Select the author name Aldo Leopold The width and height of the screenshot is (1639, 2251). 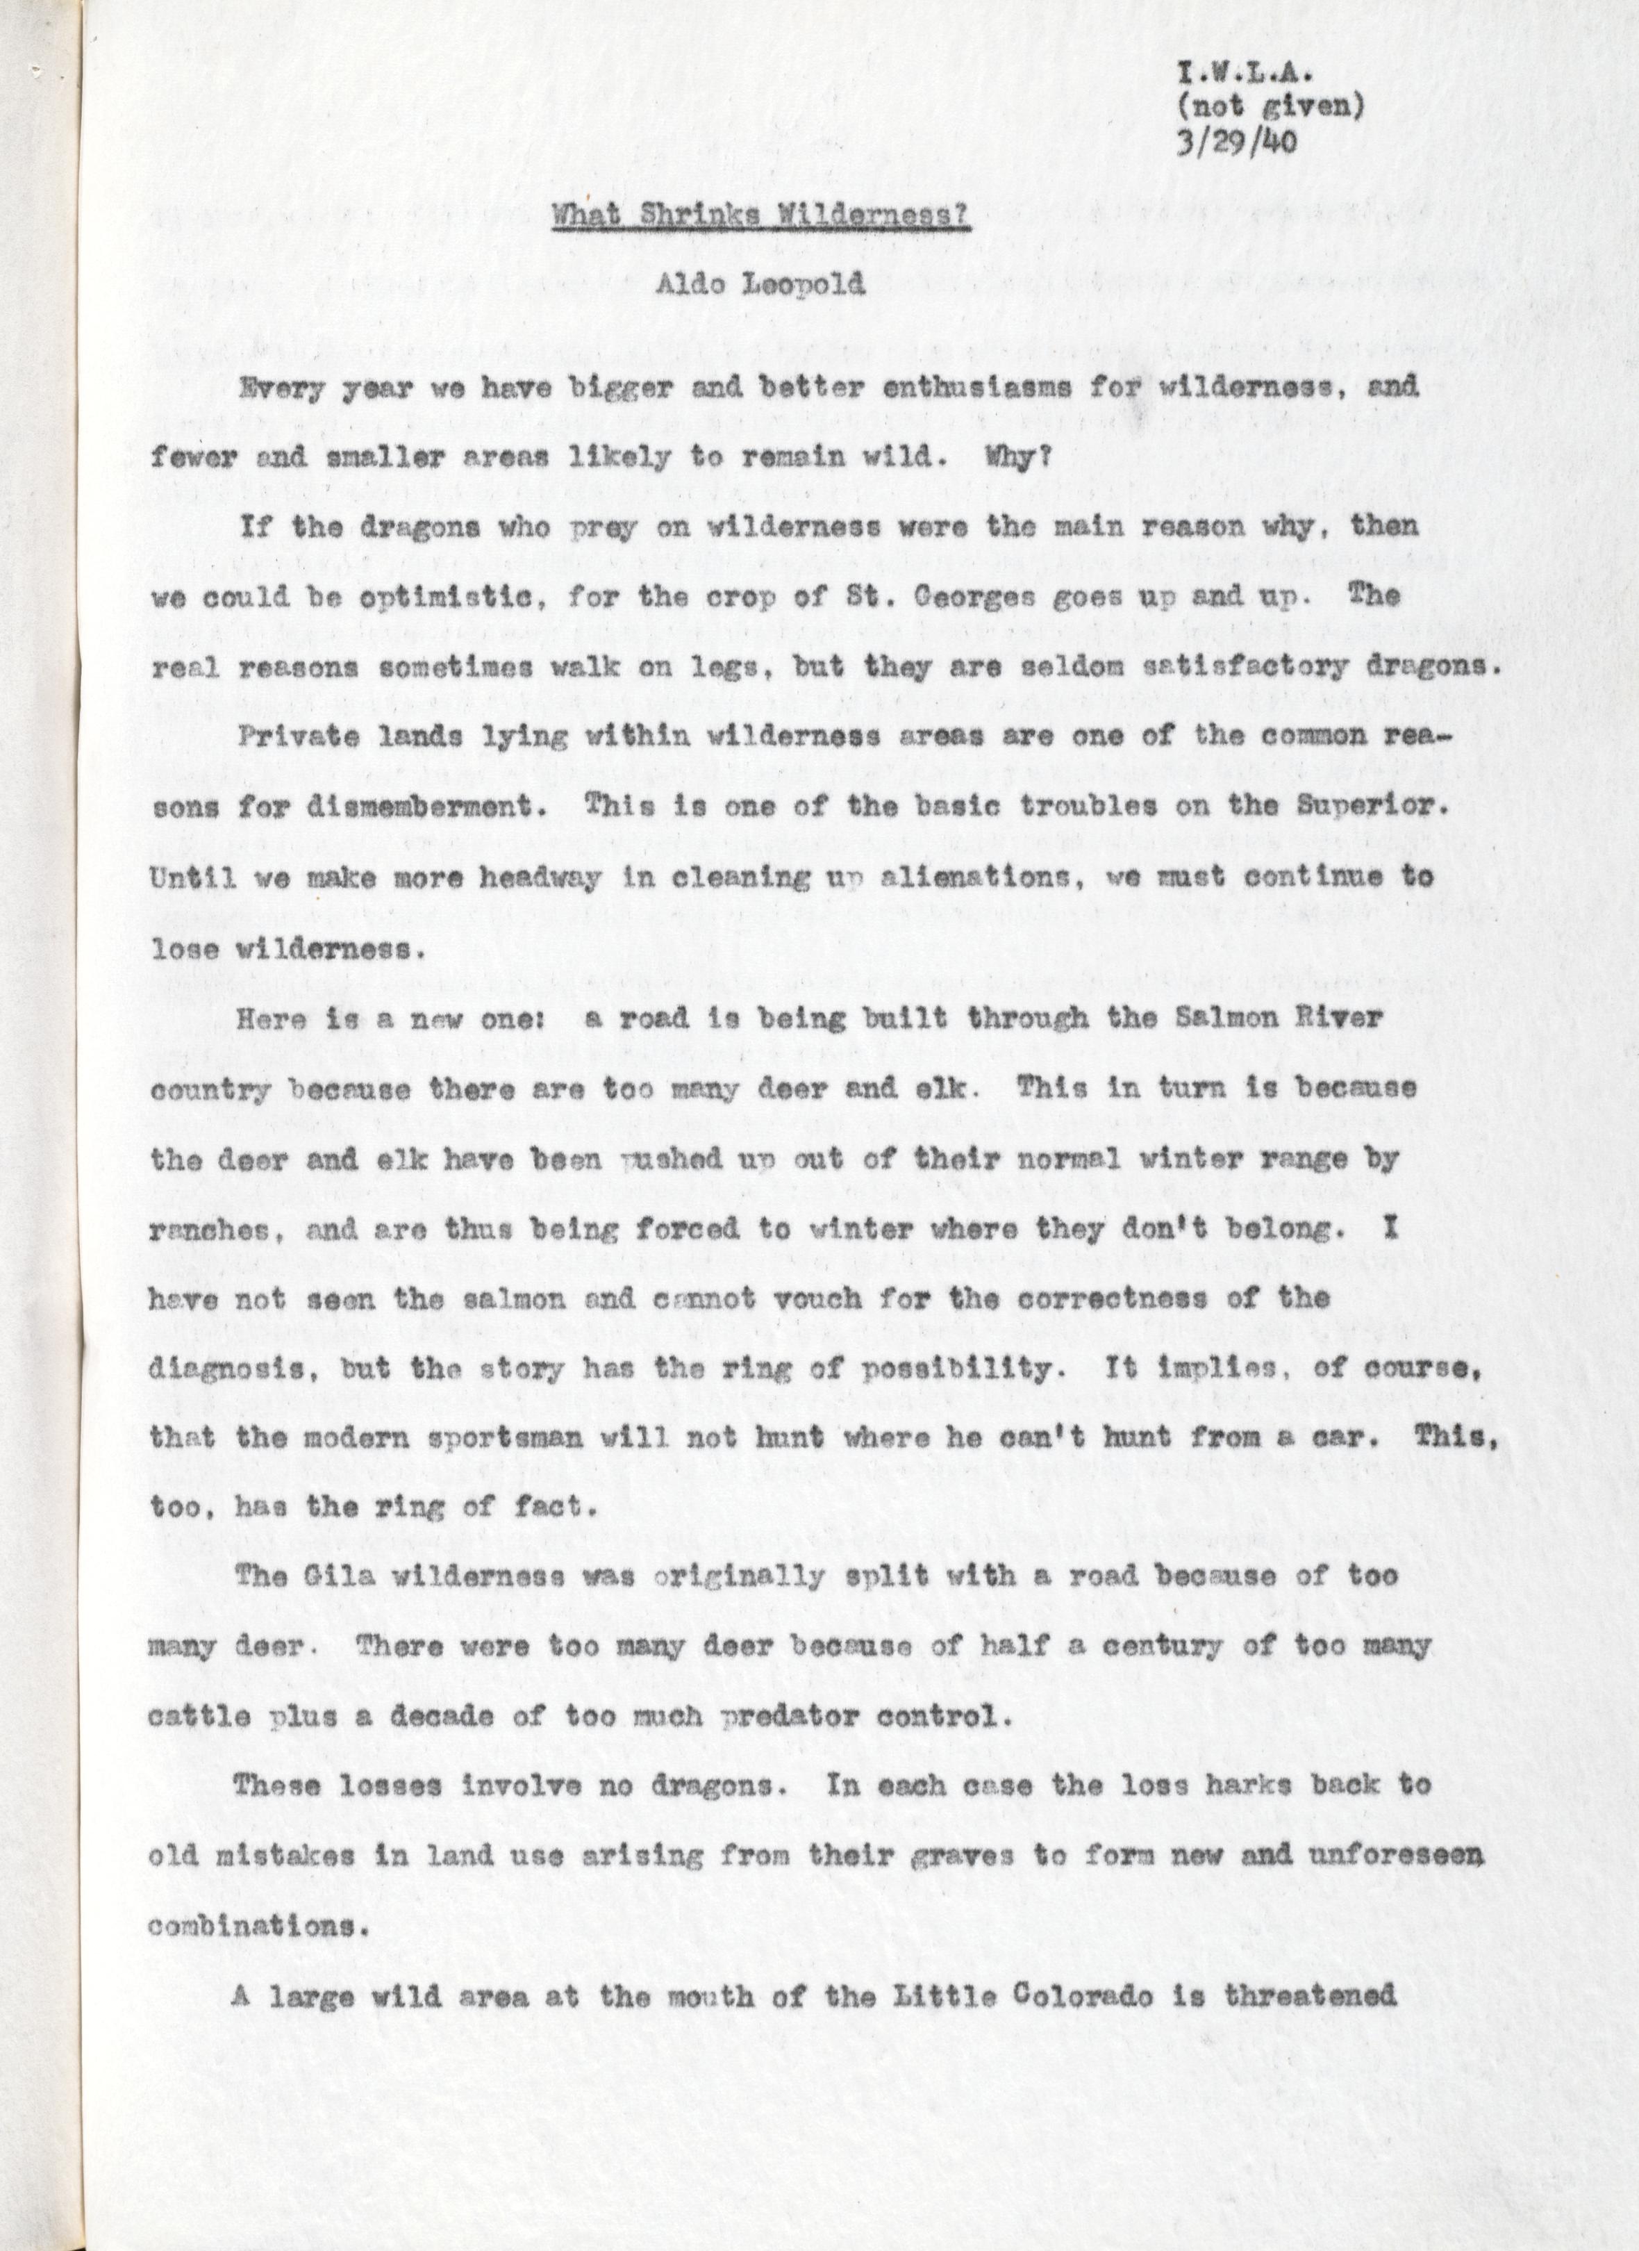click(759, 286)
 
